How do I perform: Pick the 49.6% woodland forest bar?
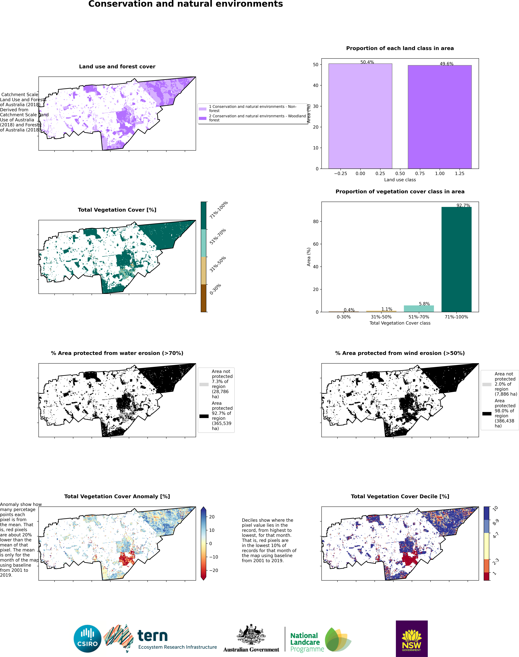coord(440,117)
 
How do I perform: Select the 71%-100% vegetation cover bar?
coord(456,260)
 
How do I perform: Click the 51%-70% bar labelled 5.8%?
coord(419,309)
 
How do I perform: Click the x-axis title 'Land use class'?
coord(400,180)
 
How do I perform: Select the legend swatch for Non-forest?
coord(203,109)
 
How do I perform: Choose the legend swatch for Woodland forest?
coord(203,118)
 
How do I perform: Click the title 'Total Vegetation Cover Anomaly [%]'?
coord(117,496)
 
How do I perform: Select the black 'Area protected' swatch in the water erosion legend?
coord(204,416)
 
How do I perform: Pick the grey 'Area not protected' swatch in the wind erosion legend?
coord(487,384)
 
